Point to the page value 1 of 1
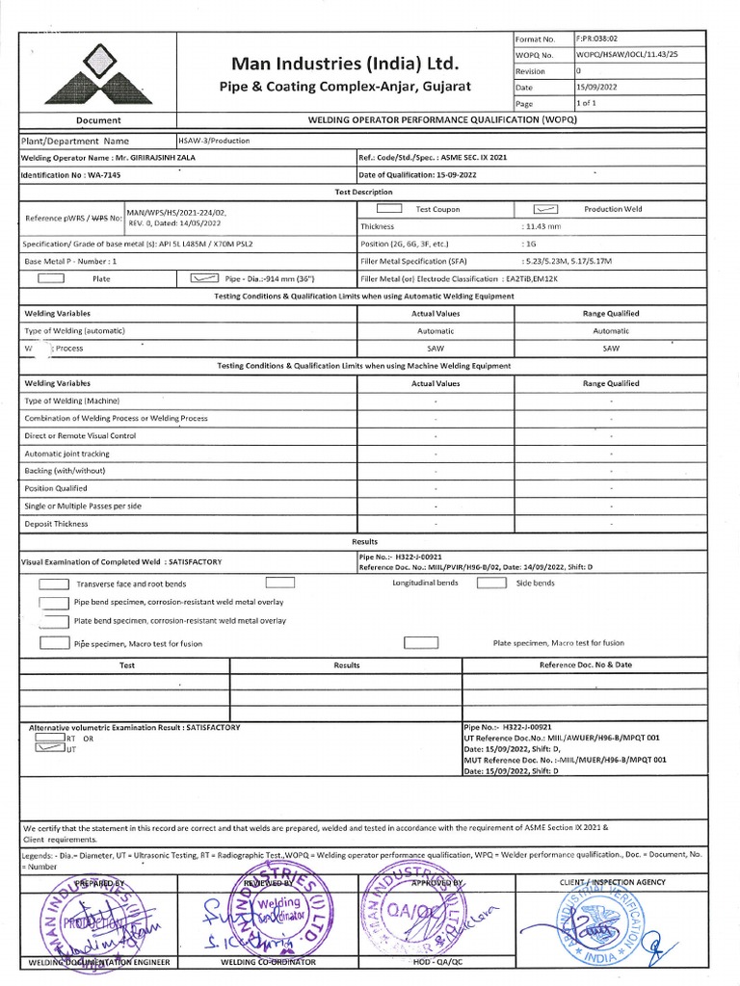click(586, 103)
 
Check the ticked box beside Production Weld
click(546, 209)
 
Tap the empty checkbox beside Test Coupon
click(389, 209)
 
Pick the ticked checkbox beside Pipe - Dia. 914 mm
click(205, 278)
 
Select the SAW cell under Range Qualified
click(611, 348)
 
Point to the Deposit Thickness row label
click(56, 524)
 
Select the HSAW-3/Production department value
click(214, 141)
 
